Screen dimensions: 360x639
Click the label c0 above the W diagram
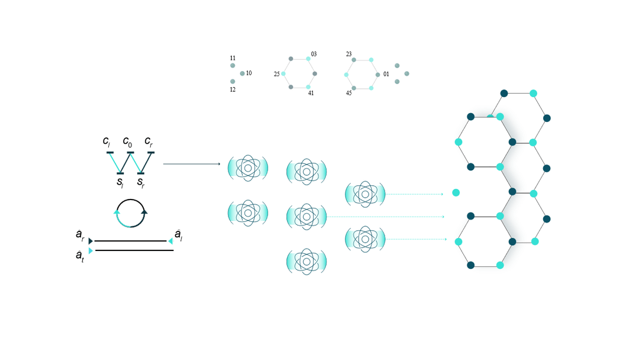pos(127,142)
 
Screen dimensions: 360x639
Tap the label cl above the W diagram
pos(106,142)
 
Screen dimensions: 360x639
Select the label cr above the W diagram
pos(149,142)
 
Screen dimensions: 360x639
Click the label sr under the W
pos(141,182)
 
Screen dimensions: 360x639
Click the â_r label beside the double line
pos(80,236)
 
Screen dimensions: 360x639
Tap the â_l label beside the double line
pos(178,235)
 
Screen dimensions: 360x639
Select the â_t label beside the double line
pos(80,255)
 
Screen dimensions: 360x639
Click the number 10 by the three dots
pos(249,73)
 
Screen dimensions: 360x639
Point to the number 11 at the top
pos(233,58)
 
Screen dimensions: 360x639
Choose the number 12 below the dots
pos(233,90)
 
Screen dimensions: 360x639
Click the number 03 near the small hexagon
pos(314,54)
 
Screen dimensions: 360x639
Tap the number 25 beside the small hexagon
pos(276,74)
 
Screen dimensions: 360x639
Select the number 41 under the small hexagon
pos(311,93)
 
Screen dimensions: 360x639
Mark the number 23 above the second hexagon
pos(349,54)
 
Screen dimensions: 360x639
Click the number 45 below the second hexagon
pos(349,93)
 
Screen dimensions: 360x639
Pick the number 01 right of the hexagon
pos(386,74)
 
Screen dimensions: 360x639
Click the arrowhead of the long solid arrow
pos(219,164)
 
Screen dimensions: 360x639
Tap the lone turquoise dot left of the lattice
pos(456,192)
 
